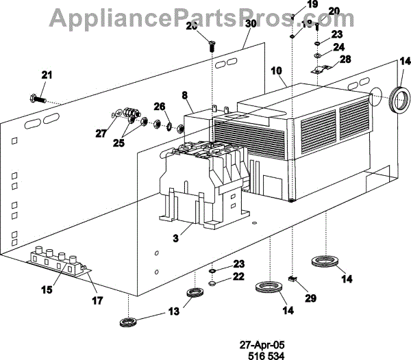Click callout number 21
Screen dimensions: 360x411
[47, 75]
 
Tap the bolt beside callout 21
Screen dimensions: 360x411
[38, 99]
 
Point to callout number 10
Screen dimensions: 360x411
[276, 70]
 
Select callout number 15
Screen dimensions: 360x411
[46, 290]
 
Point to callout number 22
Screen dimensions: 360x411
[238, 277]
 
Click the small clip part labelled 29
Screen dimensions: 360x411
[292, 279]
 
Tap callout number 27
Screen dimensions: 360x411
[101, 133]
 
